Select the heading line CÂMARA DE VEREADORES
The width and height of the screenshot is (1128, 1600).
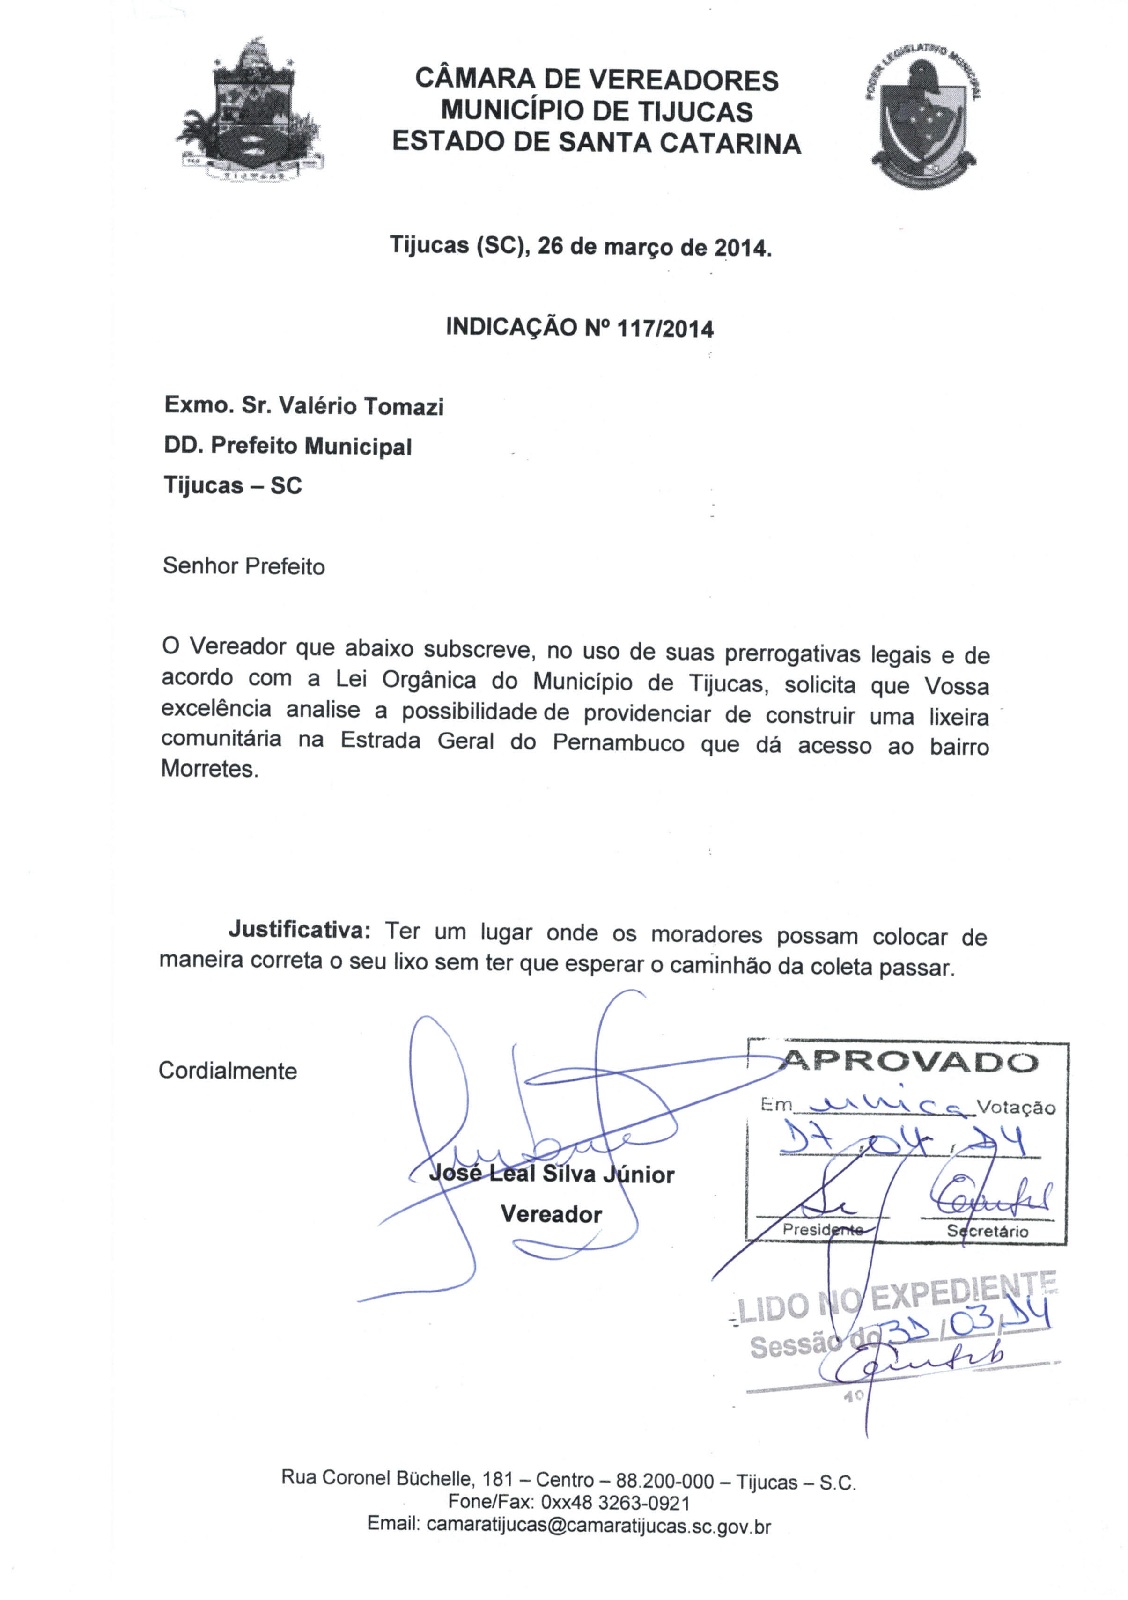[596, 80]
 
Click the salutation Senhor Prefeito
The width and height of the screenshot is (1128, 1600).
[243, 566]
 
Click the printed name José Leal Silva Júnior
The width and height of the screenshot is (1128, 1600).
[551, 1174]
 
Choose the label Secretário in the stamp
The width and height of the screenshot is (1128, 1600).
[987, 1231]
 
